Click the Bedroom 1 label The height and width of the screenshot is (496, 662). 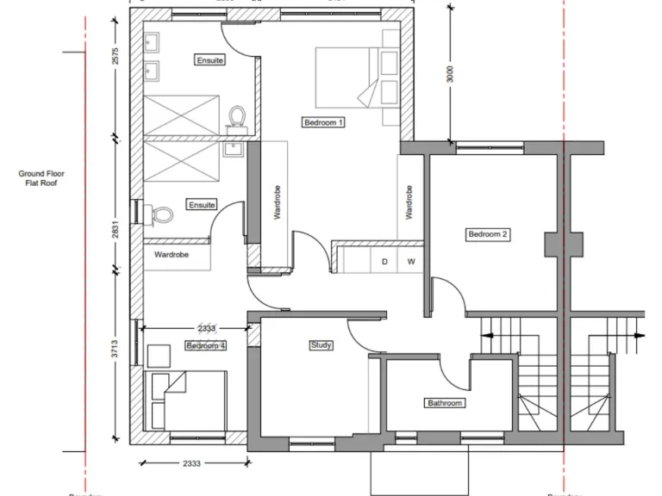[x=324, y=122]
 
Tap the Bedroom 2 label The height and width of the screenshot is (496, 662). [x=489, y=234]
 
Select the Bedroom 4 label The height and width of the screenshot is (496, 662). [x=206, y=345]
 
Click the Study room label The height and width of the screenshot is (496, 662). [x=321, y=345]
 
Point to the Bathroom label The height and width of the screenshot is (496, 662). [x=445, y=403]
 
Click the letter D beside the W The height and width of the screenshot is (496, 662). [x=384, y=261]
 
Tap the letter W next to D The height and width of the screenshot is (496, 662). [x=411, y=261]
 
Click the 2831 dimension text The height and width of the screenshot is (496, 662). [x=116, y=231]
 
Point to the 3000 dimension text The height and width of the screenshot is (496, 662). [x=449, y=74]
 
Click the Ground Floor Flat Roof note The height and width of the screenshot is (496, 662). [x=41, y=178]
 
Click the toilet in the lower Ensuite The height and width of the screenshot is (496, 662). [x=158, y=213]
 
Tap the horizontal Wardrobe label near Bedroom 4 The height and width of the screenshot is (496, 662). [x=172, y=255]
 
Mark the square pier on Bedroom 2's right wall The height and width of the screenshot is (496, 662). [x=553, y=244]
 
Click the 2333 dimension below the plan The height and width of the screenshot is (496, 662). [x=191, y=463]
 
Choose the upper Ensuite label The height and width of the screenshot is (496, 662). [x=210, y=60]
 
